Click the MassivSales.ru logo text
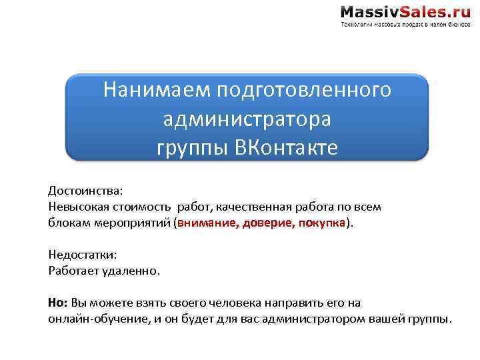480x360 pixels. pyautogui.click(x=405, y=11)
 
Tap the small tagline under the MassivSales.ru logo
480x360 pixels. pyautogui.click(x=405, y=25)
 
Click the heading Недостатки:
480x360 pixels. pyautogui.click(x=82, y=254)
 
